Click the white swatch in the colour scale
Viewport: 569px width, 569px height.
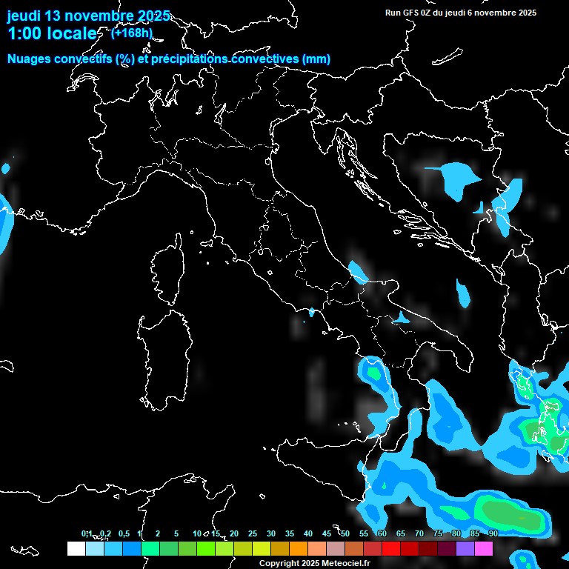click(x=76, y=549)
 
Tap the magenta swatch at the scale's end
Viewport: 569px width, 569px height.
click(x=484, y=549)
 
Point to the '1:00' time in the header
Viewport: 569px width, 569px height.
click(x=25, y=33)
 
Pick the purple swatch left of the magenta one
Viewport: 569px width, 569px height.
click(x=465, y=549)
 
